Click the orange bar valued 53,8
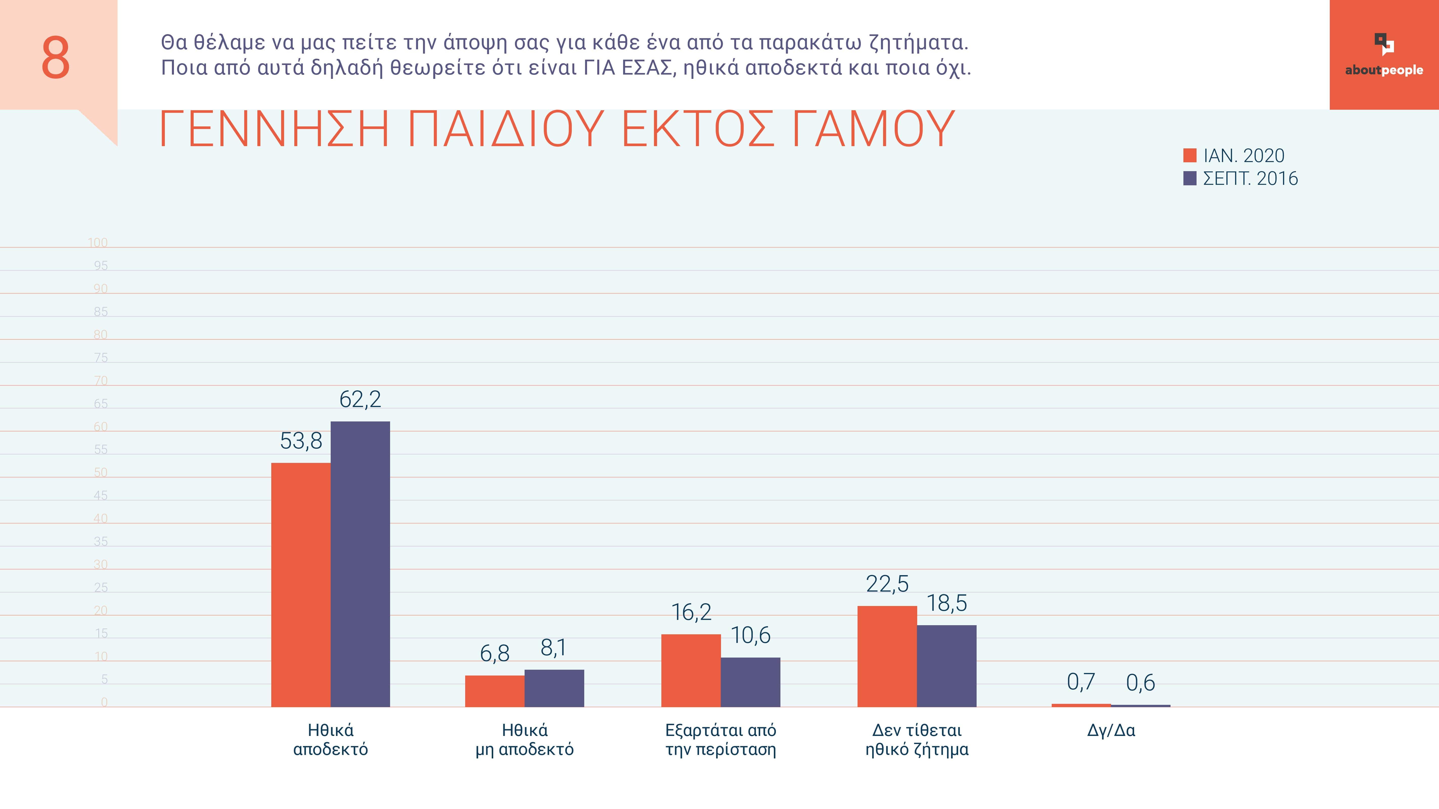(301, 585)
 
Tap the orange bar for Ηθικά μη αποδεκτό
(494, 691)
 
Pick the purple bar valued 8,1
(554, 688)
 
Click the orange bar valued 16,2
(691, 670)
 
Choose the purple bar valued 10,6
(750, 682)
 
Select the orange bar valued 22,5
(887, 657)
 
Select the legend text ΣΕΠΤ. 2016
(1250, 179)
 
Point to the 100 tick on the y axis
(98, 242)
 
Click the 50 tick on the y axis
(101, 473)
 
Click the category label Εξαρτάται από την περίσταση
(721, 740)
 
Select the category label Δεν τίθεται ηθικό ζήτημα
(917, 740)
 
